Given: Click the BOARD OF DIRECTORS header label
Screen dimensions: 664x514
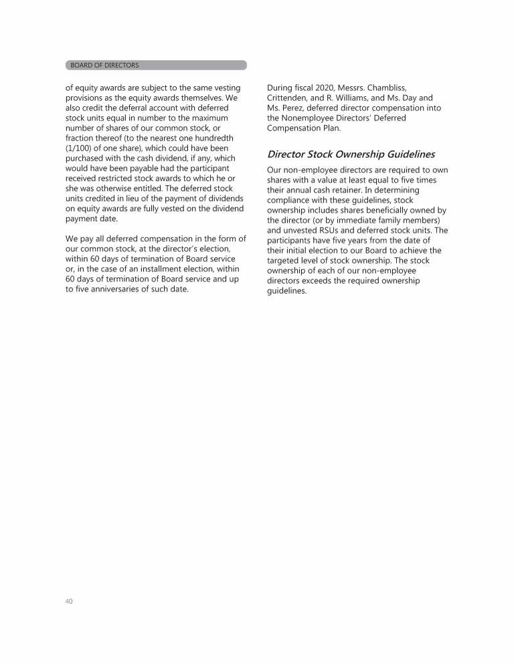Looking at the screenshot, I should (104, 66).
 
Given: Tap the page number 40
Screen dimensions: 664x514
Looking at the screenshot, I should (69, 601).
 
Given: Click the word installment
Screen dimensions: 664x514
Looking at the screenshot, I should (163, 269).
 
